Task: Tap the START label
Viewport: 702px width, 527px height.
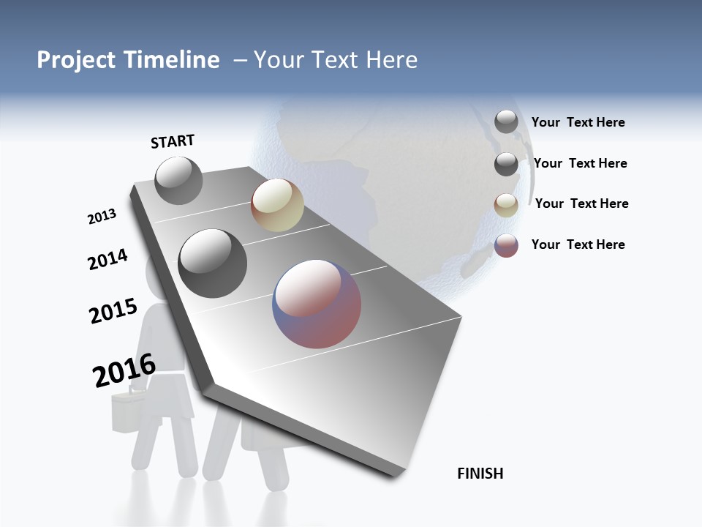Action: coord(173,141)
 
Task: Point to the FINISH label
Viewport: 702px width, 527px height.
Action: coord(480,474)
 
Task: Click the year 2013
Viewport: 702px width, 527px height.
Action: coord(102,217)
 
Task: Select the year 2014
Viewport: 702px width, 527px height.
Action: coord(107,259)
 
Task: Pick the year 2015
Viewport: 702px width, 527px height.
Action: coord(113,311)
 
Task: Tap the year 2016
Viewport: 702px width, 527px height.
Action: coord(124,370)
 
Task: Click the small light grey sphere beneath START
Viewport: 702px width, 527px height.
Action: coord(178,180)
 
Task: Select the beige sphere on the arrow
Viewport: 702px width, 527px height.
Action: coord(277,205)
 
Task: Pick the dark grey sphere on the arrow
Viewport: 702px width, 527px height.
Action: coord(212,263)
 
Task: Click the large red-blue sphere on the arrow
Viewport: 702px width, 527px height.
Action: coord(317,304)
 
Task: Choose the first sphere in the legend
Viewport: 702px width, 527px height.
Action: coord(506,122)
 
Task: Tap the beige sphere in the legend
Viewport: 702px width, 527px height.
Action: coord(506,204)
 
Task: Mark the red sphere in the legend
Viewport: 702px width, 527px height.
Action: coord(506,245)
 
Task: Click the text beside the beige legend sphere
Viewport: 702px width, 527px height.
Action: coord(581,203)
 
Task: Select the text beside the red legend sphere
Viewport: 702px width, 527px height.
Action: coord(578,244)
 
